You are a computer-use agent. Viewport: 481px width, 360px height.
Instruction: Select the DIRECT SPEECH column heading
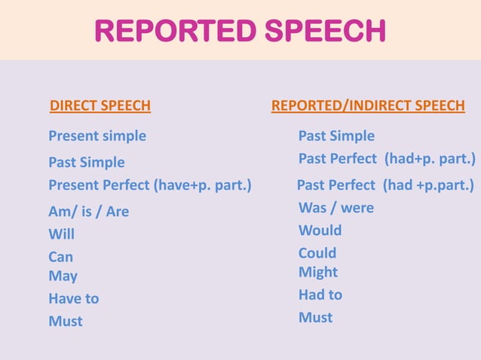coord(100,106)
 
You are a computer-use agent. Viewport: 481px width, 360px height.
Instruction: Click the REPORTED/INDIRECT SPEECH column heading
coord(368,106)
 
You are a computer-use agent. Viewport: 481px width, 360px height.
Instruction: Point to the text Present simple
coord(97,136)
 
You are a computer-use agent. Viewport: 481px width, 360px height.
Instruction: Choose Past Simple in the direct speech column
coord(87,163)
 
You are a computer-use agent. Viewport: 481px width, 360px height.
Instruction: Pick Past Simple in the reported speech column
coord(336,136)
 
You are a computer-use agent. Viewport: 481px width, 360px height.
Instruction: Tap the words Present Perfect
coord(99,185)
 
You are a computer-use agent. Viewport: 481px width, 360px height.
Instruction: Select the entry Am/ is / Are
coord(88,212)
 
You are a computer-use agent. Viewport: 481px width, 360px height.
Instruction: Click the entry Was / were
coord(336,208)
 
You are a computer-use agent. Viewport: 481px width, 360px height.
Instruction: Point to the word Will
coord(62,234)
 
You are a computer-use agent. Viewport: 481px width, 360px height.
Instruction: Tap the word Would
coord(320,230)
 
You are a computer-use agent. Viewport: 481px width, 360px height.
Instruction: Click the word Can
coord(61,258)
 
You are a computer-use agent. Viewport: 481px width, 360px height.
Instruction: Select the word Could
coord(317,253)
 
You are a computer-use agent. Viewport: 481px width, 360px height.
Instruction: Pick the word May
coord(63,276)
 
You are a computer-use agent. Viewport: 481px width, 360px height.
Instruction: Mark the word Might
coord(318,272)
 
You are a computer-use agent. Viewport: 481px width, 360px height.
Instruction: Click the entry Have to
coord(74,299)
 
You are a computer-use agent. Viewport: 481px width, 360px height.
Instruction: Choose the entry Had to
coord(320,294)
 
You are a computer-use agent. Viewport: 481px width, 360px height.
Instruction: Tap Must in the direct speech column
coord(66,322)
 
